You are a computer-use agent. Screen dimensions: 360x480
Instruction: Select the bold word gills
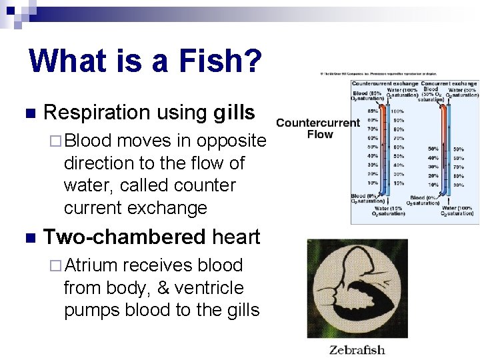[234, 113]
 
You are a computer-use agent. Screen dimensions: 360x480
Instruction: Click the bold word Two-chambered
[124, 237]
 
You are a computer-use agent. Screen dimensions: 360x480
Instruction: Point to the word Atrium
[91, 265]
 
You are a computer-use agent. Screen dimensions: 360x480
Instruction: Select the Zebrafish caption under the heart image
[357, 350]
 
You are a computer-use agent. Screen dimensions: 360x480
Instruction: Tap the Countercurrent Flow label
[318, 128]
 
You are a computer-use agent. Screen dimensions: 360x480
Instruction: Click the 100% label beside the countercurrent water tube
[397, 111]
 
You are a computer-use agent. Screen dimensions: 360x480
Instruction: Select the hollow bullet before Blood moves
[56, 141]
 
